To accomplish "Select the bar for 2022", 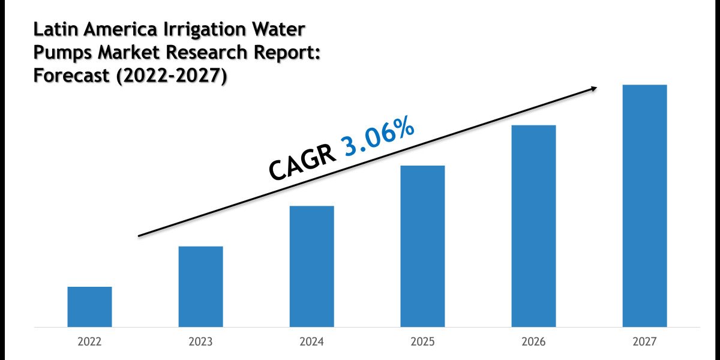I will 89,307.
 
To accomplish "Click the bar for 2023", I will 200,287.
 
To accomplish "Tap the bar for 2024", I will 311,266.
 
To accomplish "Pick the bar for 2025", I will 422,246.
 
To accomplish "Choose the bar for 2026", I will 533,226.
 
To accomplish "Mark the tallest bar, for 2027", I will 644,206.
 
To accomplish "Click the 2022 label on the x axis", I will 89,342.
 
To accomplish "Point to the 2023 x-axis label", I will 200,342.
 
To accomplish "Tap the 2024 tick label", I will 311,342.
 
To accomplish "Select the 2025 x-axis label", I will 422,342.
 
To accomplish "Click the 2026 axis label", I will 533,342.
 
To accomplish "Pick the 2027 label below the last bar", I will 644,342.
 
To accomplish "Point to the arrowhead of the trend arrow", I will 593,89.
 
